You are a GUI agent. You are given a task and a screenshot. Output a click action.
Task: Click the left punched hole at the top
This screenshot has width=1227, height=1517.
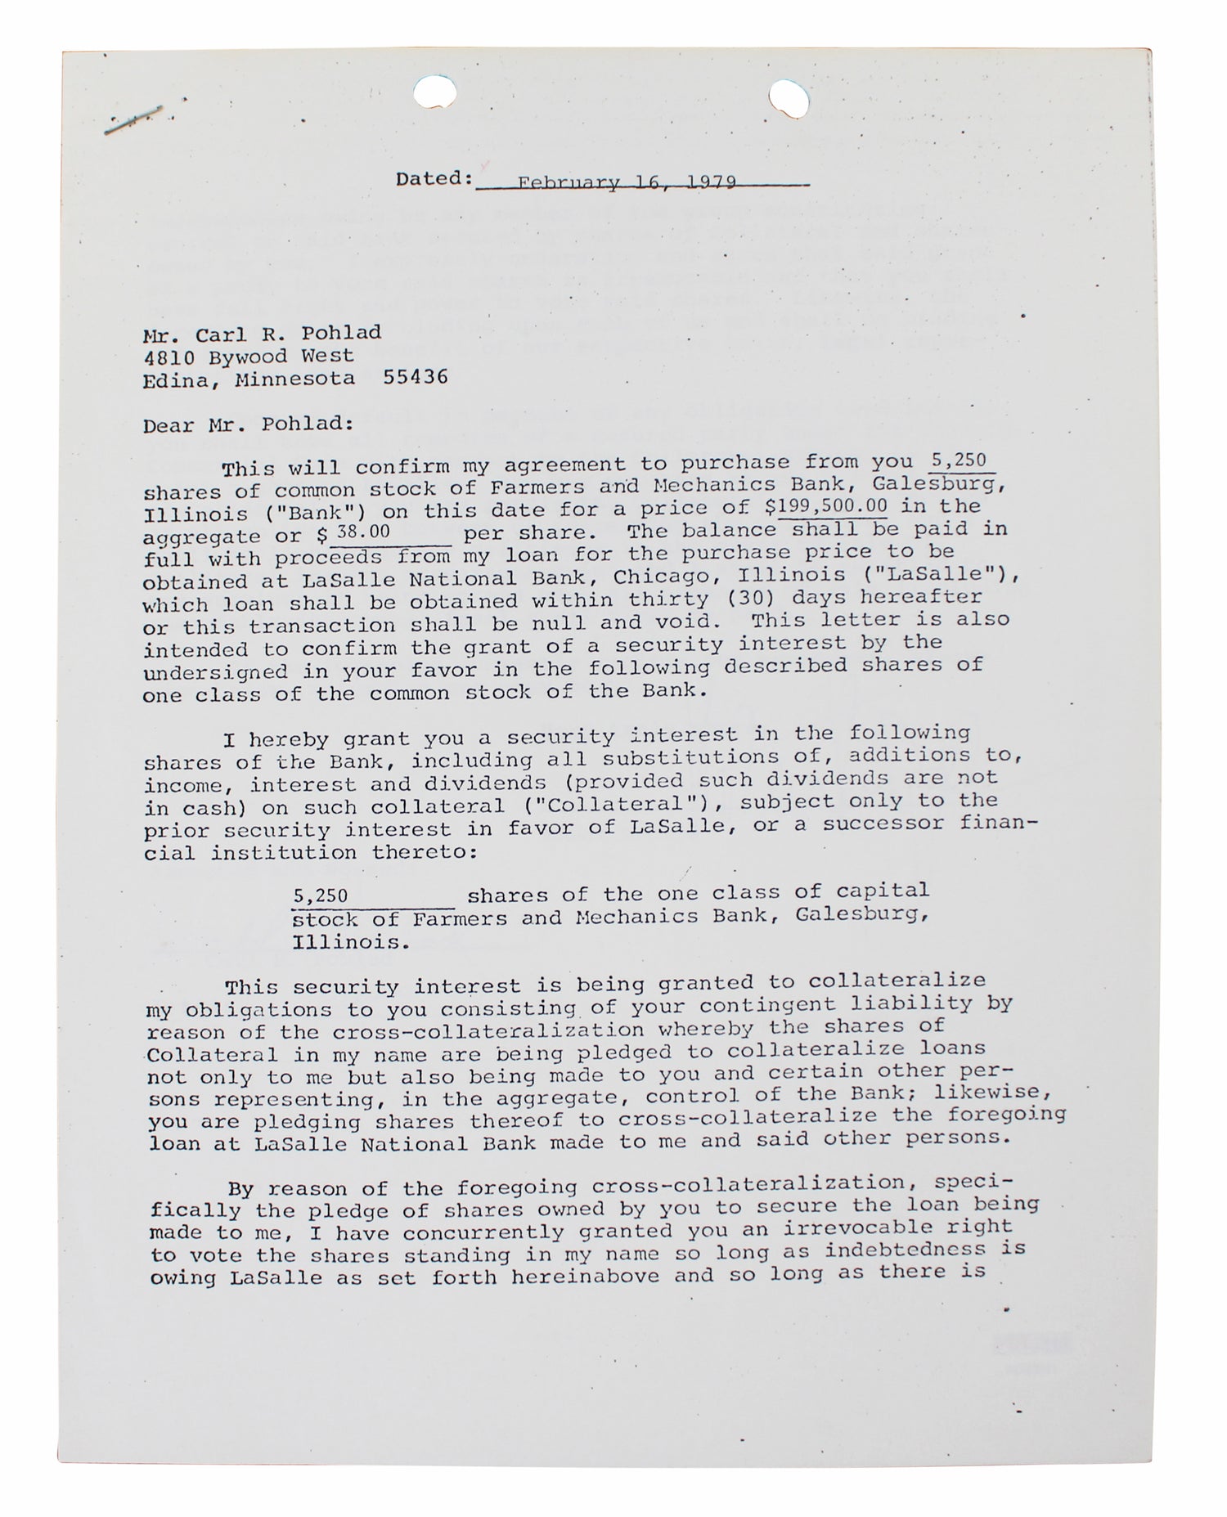(435, 92)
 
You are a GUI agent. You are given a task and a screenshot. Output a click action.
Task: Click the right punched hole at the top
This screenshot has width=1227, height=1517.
(789, 100)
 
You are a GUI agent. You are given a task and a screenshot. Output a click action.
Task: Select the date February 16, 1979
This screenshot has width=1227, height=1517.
(627, 182)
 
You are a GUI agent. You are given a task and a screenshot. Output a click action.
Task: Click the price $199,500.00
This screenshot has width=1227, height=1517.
(833, 506)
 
